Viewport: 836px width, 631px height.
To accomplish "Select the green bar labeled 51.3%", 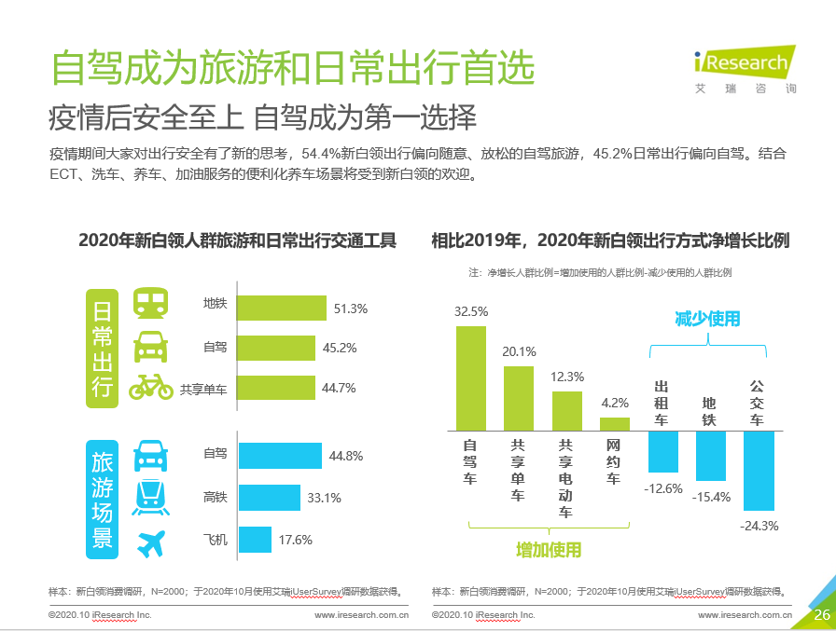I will [283, 309].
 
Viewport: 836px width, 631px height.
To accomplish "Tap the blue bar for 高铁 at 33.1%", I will [270, 498].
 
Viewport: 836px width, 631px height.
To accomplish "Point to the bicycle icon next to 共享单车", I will [151, 387].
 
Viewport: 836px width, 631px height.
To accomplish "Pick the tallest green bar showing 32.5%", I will [470, 377].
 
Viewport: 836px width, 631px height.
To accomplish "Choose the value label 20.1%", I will [519, 351].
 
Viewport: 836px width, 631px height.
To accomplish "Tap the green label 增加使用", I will [549, 550].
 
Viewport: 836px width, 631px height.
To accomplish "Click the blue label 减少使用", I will [707, 319].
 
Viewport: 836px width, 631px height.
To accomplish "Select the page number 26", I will [822, 615].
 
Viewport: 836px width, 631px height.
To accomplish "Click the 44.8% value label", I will [346, 457].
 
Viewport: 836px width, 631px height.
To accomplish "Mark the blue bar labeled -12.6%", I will [663, 451].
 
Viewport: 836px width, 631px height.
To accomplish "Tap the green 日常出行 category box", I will [102, 348].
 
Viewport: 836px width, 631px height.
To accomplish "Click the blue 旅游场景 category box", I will [102, 499].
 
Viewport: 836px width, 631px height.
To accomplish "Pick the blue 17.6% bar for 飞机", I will [255, 540].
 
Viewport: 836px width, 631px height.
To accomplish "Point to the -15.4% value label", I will [711, 498].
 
